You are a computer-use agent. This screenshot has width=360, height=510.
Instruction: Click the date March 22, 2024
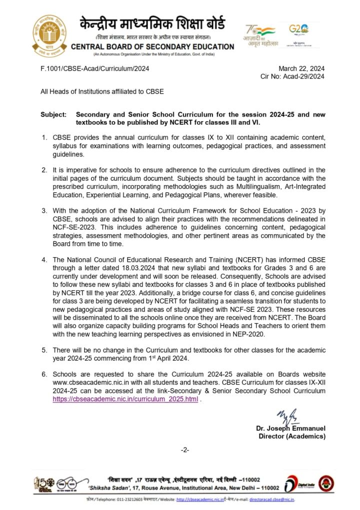point(301,69)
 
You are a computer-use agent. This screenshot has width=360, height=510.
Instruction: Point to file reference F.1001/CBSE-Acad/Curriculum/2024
point(94,69)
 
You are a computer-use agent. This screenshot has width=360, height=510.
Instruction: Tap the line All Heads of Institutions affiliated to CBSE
point(102,92)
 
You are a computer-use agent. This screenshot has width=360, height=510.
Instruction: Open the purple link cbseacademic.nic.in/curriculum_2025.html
point(125,399)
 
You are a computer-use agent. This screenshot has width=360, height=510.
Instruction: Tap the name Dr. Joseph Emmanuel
point(290,428)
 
